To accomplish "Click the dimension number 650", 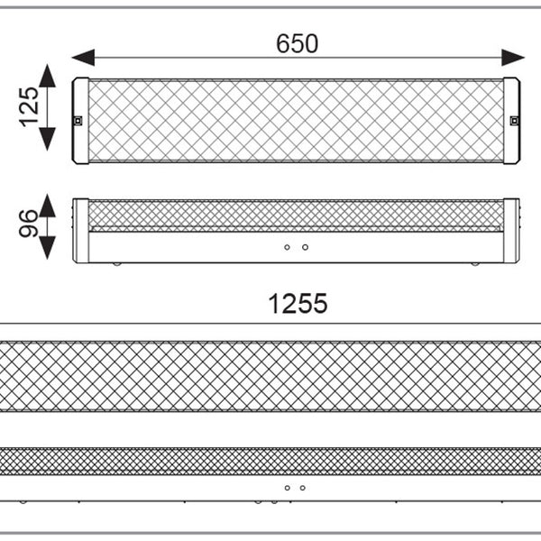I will [x=297, y=43].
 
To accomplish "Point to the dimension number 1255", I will [x=298, y=305].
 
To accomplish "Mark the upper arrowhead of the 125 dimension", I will [x=48, y=75].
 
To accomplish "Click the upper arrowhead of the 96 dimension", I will [x=48, y=205].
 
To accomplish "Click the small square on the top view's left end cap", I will [x=78, y=121].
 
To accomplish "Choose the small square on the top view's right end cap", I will [x=514, y=121].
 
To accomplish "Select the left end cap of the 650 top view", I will [x=80, y=120].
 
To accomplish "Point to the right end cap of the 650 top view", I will [x=512, y=120].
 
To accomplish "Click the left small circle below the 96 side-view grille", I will [x=287, y=247].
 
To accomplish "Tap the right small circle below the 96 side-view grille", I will [x=305, y=247].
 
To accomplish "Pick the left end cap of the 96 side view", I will [x=81, y=231].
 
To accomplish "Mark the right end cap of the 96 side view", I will [x=511, y=231].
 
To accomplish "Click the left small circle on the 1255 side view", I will [x=287, y=488].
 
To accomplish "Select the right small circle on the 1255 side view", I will [x=302, y=488].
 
